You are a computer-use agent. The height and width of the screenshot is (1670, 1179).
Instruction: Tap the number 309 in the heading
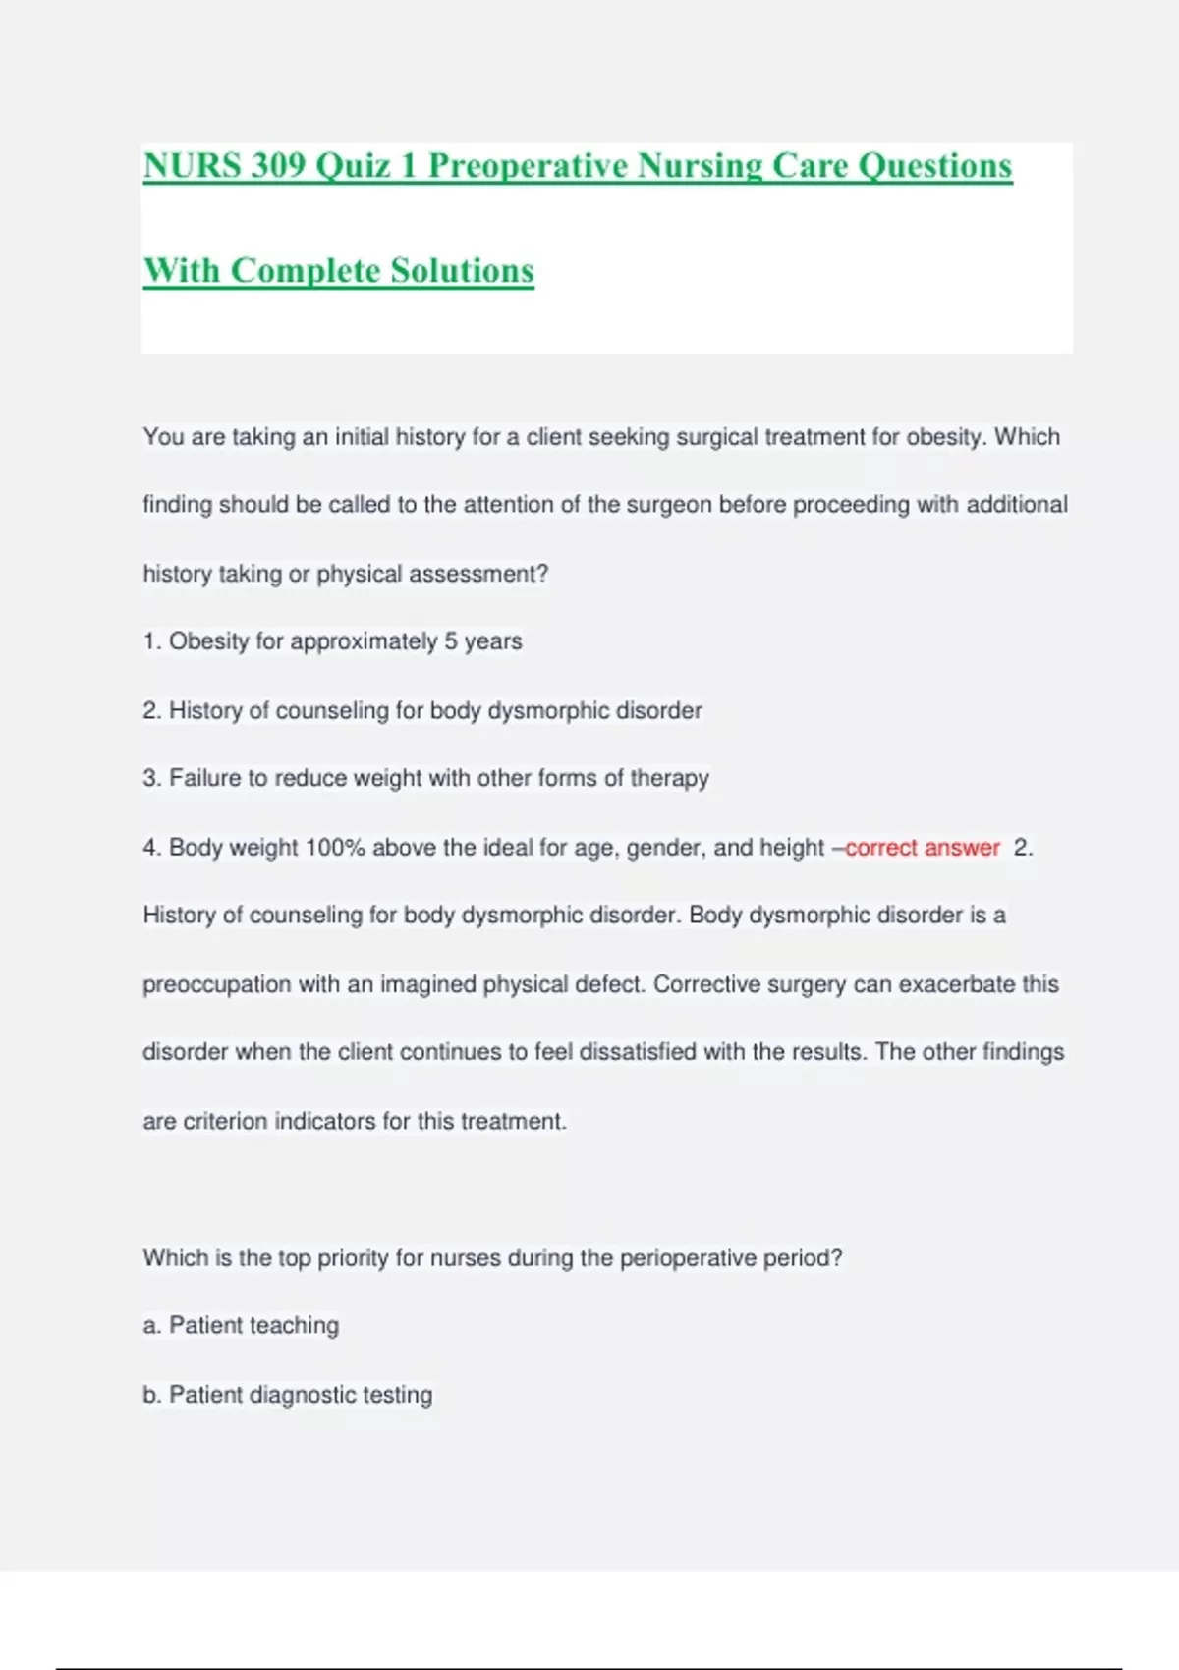pyautogui.click(x=278, y=165)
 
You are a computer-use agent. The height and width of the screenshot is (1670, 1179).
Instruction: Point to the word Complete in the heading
pyautogui.click(x=306, y=270)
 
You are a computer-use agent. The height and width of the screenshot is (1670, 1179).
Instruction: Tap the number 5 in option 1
pyautogui.click(x=451, y=641)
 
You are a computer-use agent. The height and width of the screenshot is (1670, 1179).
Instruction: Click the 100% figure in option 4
pyautogui.click(x=335, y=847)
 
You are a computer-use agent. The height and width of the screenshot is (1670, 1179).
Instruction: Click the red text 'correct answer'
pyautogui.click(x=922, y=847)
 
